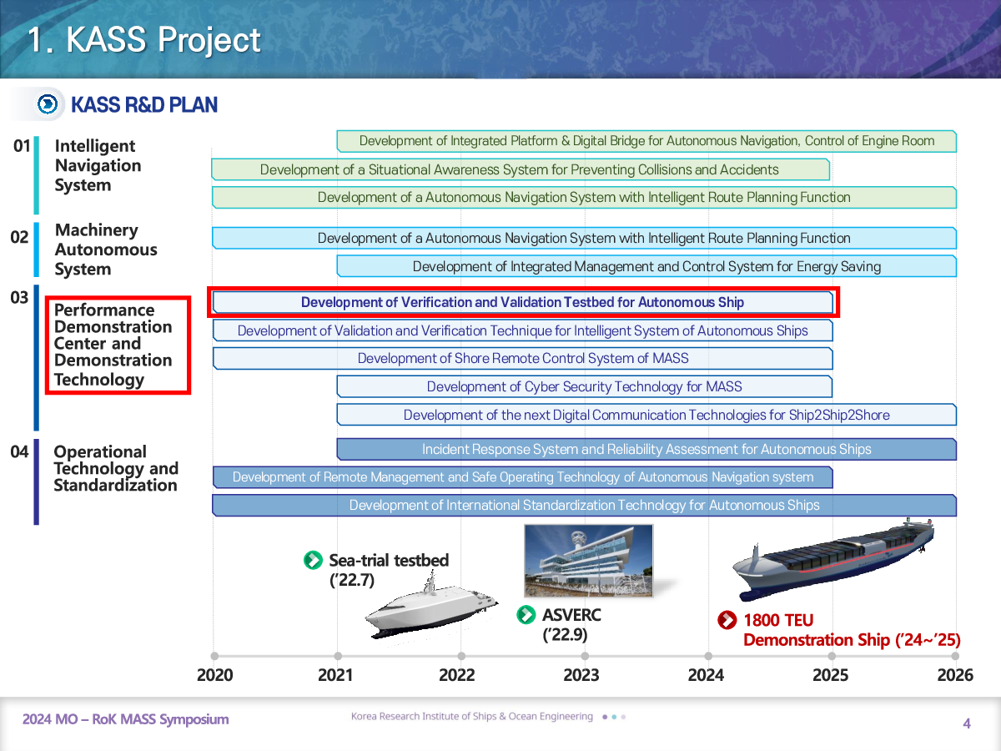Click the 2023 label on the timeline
(x=581, y=675)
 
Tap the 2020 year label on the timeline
(x=214, y=675)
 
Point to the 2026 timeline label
(x=955, y=675)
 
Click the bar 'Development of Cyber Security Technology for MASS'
(x=584, y=386)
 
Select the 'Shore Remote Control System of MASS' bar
(x=523, y=359)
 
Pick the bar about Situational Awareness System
(x=521, y=169)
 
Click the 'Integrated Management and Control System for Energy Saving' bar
(x=646, y=266)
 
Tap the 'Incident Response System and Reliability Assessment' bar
(x=646, y=450)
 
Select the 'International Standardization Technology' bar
(x=584, y=505)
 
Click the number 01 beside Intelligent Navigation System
(x=22, y=146)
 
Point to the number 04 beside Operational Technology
(x=20, y=451)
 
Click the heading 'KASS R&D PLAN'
(x=144, y=105)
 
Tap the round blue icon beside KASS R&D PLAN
(x=48, y=104)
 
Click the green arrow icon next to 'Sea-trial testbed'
(x=314, y=561)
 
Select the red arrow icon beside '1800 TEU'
(x=727, y=620)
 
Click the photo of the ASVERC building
(x=589, y=561)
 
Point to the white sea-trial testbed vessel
(x=431, y=609)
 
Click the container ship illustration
(x=833, y=558)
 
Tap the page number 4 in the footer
(x=966, y=723)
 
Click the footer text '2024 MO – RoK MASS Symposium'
(x=125, y=719)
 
